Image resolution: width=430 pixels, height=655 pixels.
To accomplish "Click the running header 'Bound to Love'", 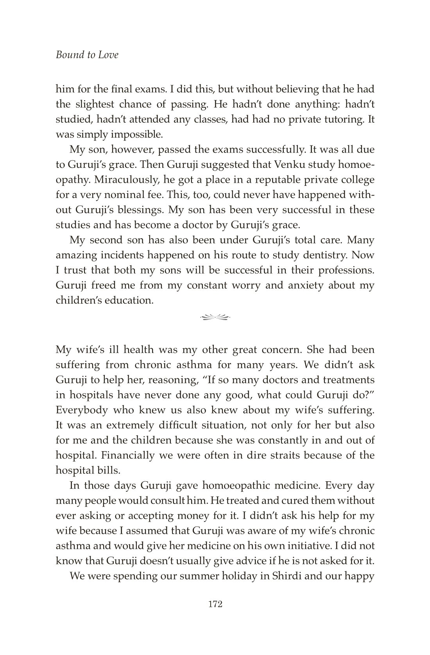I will (x=87, y=55).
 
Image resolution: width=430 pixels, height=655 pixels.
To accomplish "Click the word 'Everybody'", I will (x=81, y=410).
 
